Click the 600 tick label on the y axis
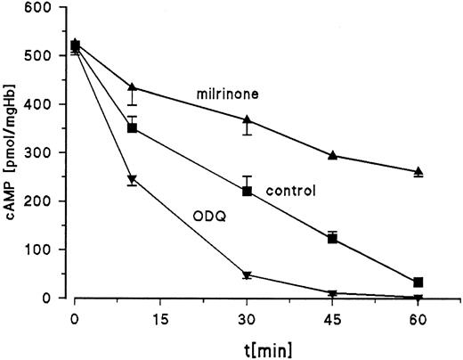42,7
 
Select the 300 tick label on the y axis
42,152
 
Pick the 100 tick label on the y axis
42,250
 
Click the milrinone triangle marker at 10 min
133,87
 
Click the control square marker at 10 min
133,128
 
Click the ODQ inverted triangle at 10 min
133,179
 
